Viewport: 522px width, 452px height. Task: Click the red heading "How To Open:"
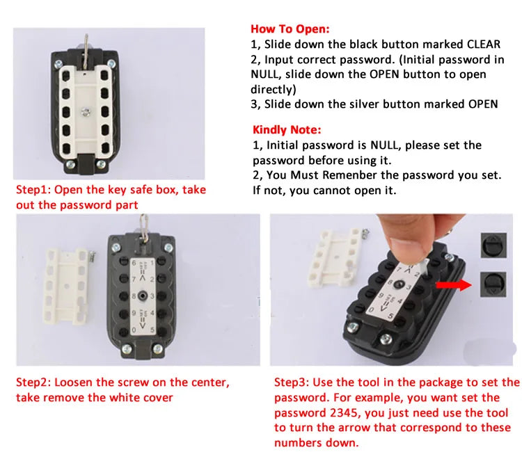pos(290,29)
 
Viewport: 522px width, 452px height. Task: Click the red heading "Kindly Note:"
pos(287,130)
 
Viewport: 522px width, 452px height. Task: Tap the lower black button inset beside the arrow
pos(494,285)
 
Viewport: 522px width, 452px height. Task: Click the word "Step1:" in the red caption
pos(33,190)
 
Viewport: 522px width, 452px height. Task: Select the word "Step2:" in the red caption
pos(34,382)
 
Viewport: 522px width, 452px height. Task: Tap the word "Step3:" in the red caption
pos(292,382)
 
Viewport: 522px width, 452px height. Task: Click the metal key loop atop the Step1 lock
pos(86,40)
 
